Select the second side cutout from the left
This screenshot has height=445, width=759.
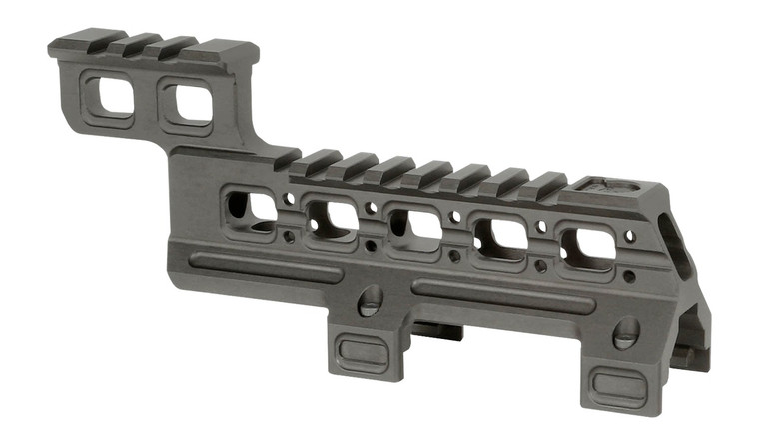[x=331, y=218]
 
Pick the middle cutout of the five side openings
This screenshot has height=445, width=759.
[x=414, y=227]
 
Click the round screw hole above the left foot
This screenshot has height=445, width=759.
[x=370, y=300]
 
